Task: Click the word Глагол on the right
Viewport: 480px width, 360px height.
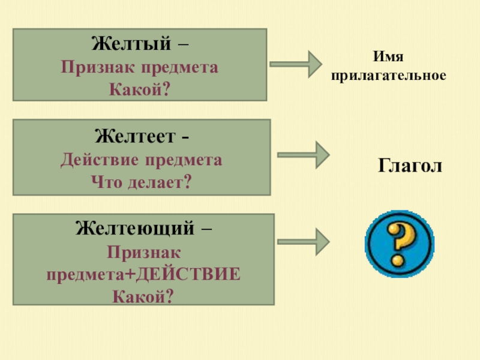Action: (x=410, y=165)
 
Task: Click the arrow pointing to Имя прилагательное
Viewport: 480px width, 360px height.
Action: (x=296, y=64)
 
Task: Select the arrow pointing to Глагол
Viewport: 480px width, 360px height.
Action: (x=303, y=155)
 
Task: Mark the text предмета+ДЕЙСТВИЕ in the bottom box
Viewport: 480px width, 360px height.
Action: (x=144, y=274)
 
